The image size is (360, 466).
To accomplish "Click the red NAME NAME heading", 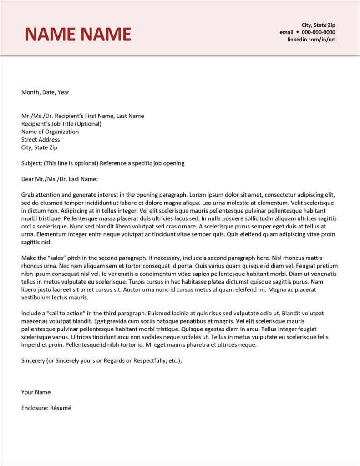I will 78,34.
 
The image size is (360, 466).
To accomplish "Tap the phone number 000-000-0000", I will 319,32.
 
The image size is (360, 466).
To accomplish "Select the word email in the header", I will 286,32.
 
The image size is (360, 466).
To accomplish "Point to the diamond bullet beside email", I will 298,32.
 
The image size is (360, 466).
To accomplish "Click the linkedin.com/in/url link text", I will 311,40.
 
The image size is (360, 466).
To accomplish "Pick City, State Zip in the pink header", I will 318,25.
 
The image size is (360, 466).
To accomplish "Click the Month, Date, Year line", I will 45,92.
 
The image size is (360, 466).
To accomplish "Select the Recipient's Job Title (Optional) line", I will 61,124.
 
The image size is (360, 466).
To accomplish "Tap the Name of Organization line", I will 50,132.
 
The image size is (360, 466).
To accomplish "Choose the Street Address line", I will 41,140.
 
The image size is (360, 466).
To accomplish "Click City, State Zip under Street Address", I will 40,147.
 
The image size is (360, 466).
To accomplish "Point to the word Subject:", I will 31,163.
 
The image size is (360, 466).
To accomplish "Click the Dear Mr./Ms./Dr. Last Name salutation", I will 60,179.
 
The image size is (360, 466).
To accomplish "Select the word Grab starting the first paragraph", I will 28,195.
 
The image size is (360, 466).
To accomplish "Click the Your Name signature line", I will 36,392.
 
